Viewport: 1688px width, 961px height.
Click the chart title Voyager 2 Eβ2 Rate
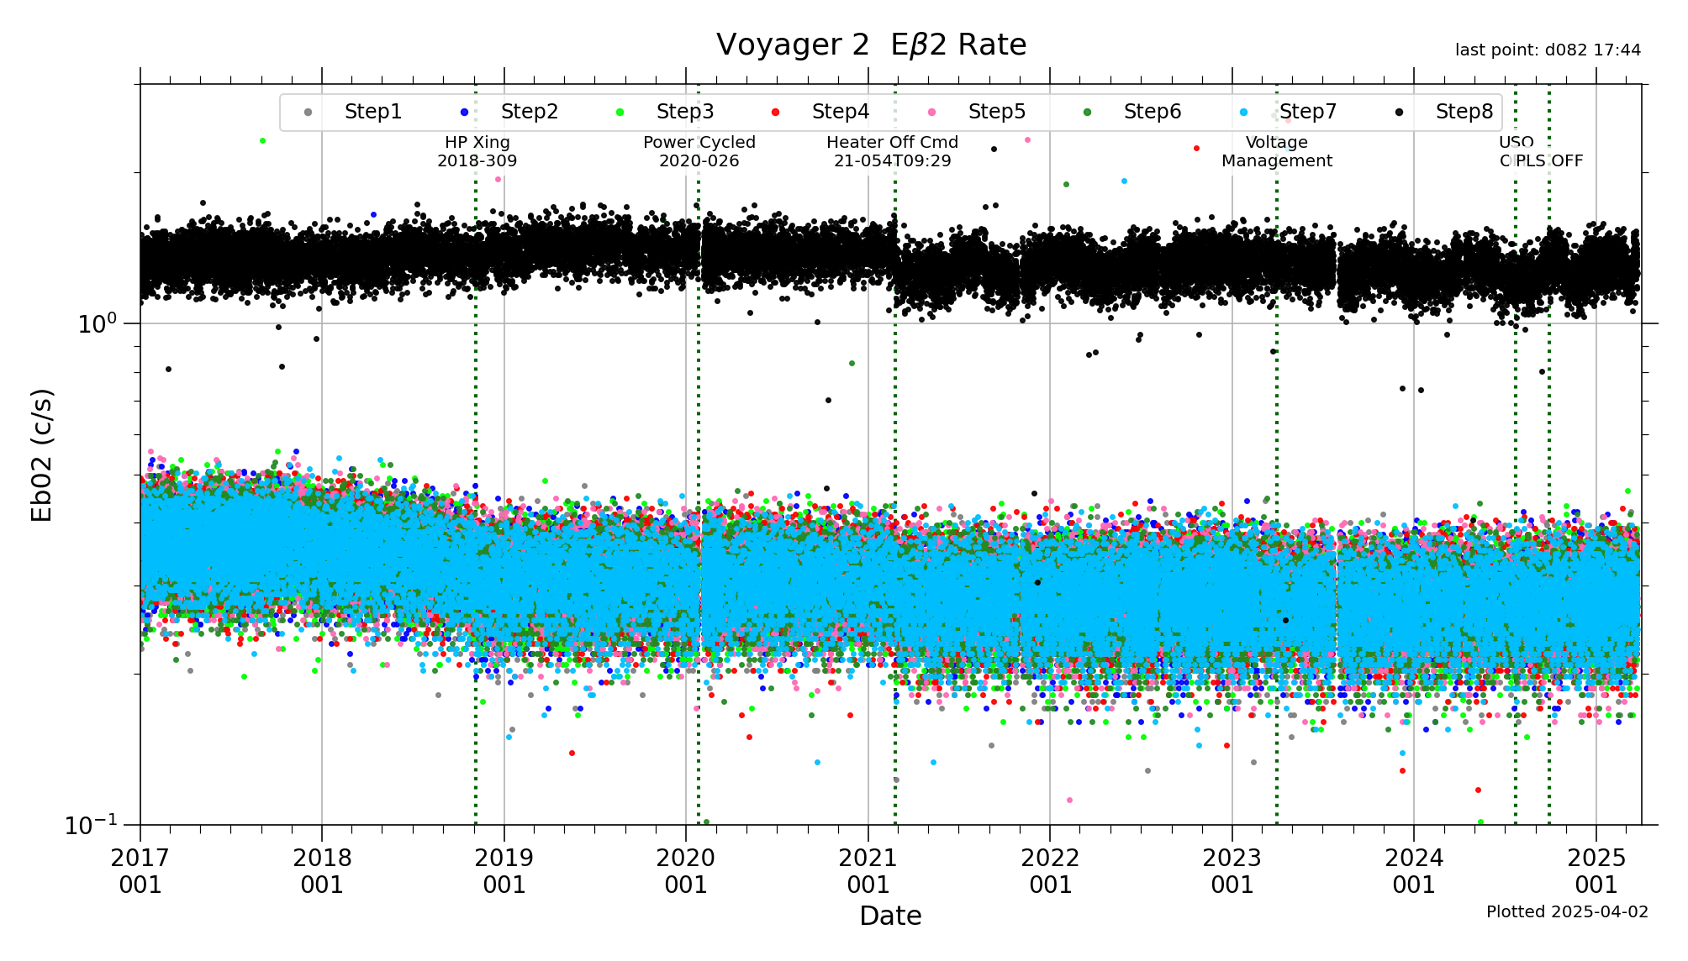coord(871,45)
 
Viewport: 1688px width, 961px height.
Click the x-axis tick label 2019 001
coord(504,871)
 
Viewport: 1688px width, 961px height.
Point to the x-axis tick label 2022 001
coord(1050,871)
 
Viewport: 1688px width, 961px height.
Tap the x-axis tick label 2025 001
coord(1596,871)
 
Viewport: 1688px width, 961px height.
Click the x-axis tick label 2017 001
coord(140,871)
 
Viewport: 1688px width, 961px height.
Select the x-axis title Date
coord(890,916)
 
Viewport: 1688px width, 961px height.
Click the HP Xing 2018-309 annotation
coord(477,152)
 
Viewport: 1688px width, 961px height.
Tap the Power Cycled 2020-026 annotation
coord(699,152)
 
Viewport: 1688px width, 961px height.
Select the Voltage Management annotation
coord(1276,152)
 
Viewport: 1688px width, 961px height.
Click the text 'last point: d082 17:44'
coord(1548,50)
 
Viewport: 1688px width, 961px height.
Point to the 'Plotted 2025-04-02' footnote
coord(1567,912)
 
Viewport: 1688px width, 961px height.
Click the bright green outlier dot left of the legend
coord(262,141)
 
